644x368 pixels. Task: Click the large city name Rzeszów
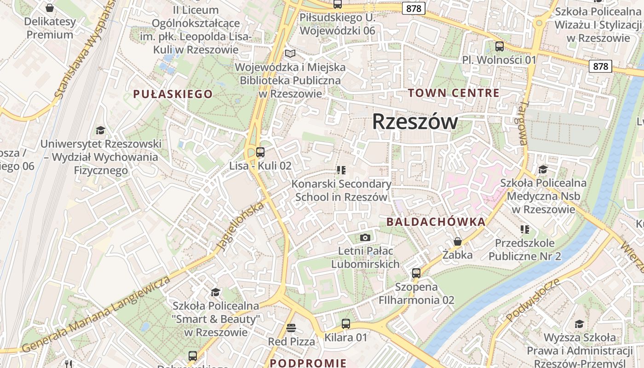click(x=414, y=122)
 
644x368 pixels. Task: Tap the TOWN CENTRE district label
click(x=454, y=93)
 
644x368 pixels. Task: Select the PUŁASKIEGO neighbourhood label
click(x=173, y=94)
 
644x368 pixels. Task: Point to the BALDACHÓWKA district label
click(x=436, y=222)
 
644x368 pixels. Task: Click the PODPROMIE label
click(x=308, y=363)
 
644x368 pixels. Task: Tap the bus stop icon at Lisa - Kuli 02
click(x=260, y=152)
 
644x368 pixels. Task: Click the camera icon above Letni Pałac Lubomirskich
click(x=365, y=237)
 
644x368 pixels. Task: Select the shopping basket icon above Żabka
click(x=457, y=241)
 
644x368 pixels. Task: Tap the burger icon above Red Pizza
click(x=291, y=328)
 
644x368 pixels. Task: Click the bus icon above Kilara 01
click(x=346, y=324)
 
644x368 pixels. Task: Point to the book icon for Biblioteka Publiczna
click(x=290, y=54)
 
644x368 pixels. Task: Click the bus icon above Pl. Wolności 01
click(x=499, y=46)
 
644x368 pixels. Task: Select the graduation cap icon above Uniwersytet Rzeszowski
click(x=100, y=131)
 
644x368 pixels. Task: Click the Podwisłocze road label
click(x=533, y=299)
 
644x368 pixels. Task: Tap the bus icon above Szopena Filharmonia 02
click(x=416, y=273)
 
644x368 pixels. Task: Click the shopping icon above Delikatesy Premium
click(x=50, y=8)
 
